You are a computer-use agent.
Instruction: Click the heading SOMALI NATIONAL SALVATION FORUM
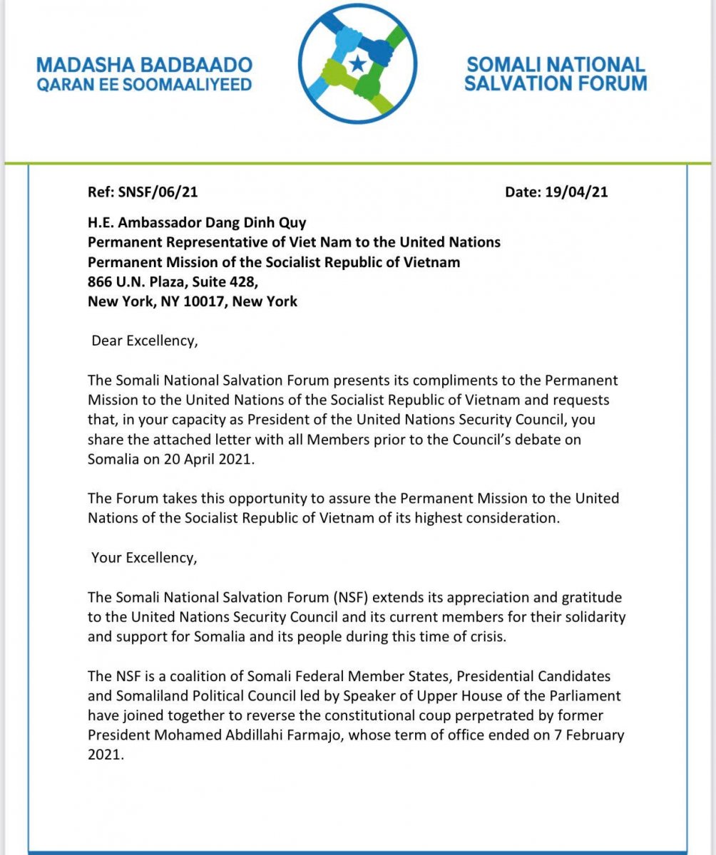pyautogui.click(x=556, y=74)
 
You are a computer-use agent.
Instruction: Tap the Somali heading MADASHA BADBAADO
pyautogui.click(x=144, y=66)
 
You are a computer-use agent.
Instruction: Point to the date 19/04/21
pyautogui.click(x=576, y=191)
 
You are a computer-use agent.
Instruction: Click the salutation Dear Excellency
pyautogui.click(x=143, y=341)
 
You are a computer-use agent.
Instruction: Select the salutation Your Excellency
pyautogui.click(x=143, y=557)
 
